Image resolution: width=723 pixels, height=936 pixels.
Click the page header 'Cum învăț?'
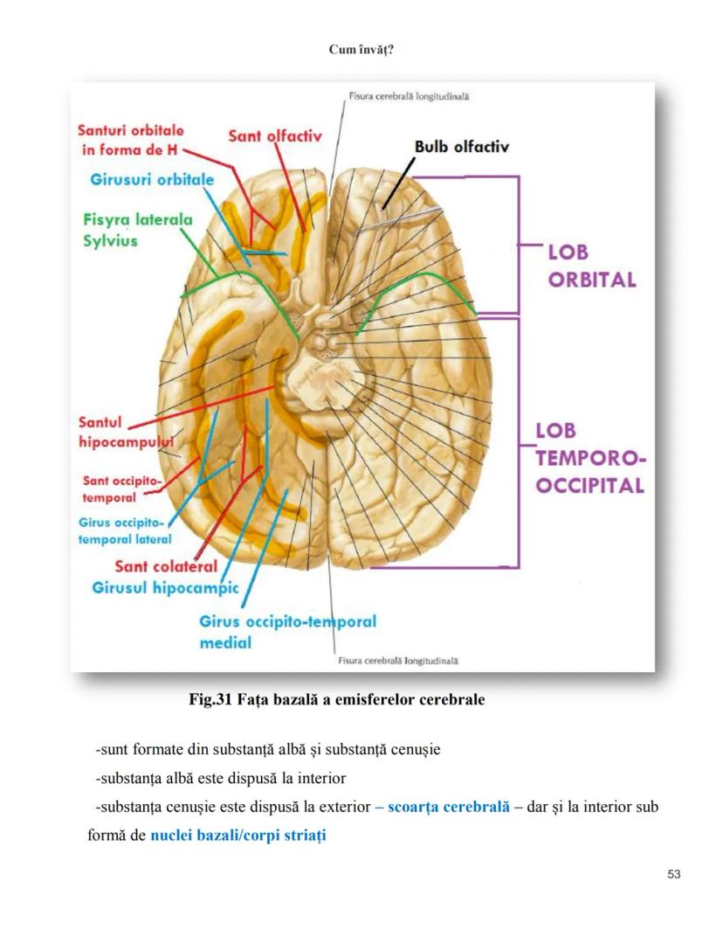[361, 50]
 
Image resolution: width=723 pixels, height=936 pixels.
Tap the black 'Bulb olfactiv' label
[461, 146]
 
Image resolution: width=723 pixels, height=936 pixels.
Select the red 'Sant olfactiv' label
[275, 135]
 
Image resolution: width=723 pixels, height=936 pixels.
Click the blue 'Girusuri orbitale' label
[152, 180]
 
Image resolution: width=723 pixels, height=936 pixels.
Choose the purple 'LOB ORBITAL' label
[591, 267]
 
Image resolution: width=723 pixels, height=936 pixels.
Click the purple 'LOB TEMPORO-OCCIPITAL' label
[589, 458]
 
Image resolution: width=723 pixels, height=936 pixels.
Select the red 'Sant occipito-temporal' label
[122, 489]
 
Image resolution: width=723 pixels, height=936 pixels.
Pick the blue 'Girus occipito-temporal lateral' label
[124, 531]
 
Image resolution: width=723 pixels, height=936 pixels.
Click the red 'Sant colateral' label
[166, 566]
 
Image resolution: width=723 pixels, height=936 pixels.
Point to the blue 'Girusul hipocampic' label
[165, 588]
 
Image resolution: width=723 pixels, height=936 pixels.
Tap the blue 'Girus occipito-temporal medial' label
[287, 632]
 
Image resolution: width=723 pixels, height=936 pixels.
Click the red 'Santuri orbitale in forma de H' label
[130, 140]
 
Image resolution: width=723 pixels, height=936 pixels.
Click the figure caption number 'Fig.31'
[210, 700]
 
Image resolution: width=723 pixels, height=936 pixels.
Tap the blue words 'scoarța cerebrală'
[448, 807]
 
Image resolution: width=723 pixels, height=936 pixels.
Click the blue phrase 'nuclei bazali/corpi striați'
[238, 835]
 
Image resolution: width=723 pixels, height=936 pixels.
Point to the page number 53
[672, 875]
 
